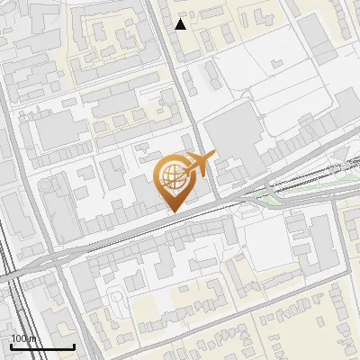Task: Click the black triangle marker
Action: pyautogui.click(x=181, y=24)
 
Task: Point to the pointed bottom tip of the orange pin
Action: pyautogui.click(x=173, y=211)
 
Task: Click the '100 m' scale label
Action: pyautogui.click(x=23, y=338)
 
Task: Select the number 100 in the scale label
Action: pyautogui.click(x=19, y=338)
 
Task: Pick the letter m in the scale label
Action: pyautogui.click(x=33, y=338)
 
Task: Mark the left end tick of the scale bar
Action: pyautogui.click(x=11, y=346)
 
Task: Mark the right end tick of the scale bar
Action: pyautogui.click(x=74, y=346)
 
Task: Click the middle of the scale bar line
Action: pyautogui.click(x=42, y=347)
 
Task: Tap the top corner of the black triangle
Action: pyautogui.click(x=181, y=19)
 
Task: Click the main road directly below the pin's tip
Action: pyautogui.click(x=173, y=218)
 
